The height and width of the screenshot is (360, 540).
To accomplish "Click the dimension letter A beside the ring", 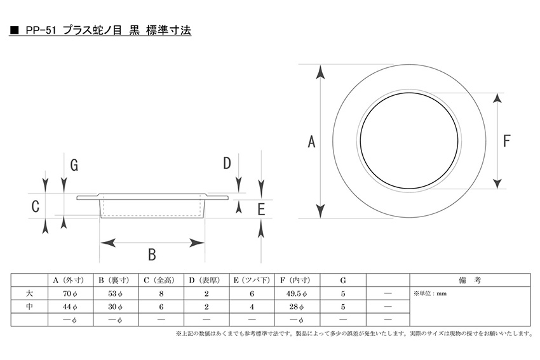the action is (311, 142).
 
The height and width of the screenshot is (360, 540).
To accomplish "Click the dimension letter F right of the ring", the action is (506, 141).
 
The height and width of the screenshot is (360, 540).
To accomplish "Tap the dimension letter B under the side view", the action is (152, 255).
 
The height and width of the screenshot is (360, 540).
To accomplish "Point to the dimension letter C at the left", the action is (35, 206).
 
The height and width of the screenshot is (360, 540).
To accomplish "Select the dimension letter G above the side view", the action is (74, 165).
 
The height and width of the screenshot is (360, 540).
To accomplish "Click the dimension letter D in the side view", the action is (227, 163).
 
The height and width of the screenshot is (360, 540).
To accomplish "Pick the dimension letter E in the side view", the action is (261, 210).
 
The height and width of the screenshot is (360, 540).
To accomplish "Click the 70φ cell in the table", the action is (70, 293).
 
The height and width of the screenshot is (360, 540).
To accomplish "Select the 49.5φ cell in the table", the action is (296, 293).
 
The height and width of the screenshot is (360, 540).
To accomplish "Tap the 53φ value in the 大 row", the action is (116, 293).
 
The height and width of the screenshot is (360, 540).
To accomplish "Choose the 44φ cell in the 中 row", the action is (70, 307).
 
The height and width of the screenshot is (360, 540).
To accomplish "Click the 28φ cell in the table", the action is (296, 307).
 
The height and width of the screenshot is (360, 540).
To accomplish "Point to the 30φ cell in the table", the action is (116, 307).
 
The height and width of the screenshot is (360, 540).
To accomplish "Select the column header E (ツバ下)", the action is (252, 281).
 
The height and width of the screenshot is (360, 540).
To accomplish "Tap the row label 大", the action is (30, 293).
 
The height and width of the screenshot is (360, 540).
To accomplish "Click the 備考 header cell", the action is (469, 281).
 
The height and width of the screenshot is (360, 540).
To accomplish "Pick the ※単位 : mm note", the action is (430, 293).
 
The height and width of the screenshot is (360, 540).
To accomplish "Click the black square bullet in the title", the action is (15, 30).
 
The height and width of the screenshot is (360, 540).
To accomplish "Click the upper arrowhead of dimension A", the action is (321, 72).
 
